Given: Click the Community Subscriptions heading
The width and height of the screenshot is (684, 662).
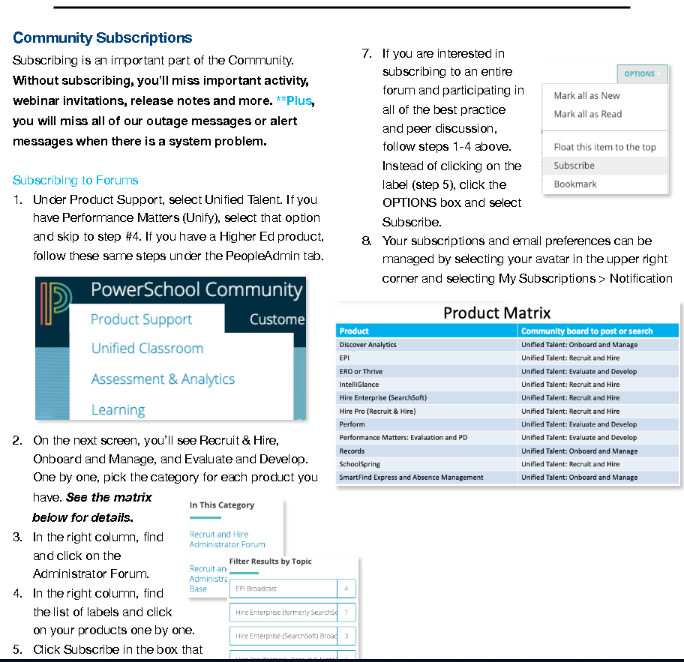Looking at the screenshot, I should (x=102, y=38).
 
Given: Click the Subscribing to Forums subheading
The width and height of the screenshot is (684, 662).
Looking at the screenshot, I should (x=75, y=180).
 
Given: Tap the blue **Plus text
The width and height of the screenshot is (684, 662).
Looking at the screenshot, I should (x=295, y=100).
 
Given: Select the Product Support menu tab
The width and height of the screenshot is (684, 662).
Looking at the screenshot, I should (x=141, y=319).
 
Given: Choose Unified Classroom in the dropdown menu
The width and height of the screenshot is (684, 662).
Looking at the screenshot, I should (x=147, y=349).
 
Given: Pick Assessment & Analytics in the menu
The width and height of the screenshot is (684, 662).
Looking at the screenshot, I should (x=163, y=379).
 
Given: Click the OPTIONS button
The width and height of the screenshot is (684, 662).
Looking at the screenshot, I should (x=640, y=74).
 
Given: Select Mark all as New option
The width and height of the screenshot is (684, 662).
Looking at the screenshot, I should (x=586, y=96).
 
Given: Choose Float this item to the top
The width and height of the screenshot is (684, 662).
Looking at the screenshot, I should (x=604, y=147).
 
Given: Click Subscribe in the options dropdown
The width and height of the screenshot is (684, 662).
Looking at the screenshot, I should (x=574, y=166).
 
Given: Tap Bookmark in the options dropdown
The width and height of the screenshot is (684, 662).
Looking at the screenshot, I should (x=574, y=184).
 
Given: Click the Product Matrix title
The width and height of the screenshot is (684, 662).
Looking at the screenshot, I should (x=496, y=313).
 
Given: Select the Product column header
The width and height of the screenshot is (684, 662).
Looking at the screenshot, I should (x=354, y=331).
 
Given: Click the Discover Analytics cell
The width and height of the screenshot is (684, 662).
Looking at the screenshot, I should (x=367, y=345).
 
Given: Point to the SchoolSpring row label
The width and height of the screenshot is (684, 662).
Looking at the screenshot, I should (x=359, y=464).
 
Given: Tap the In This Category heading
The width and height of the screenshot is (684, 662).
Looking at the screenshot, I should (x=221, y=505).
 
